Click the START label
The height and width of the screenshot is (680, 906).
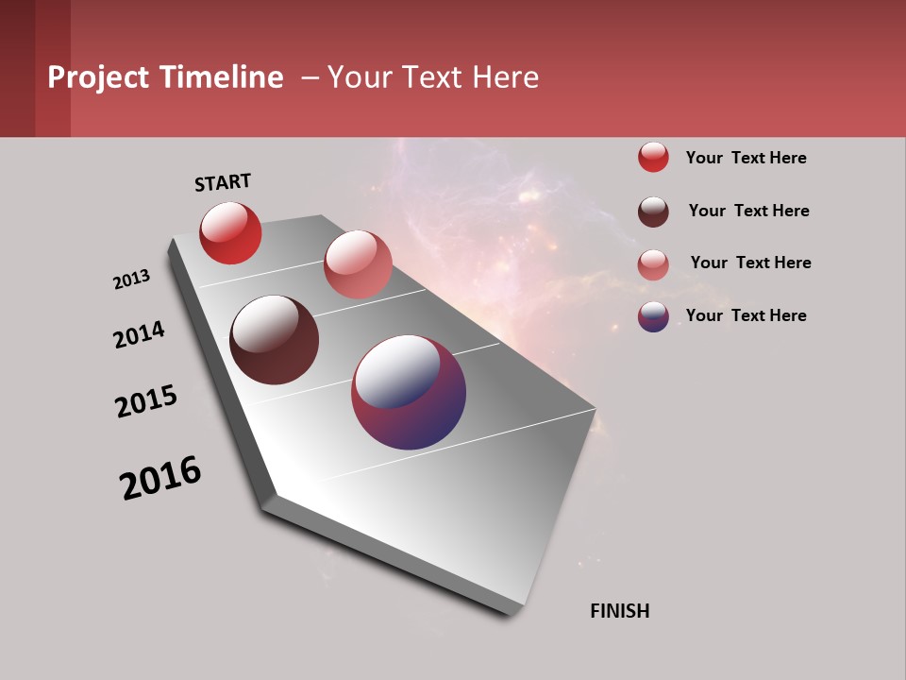[x=223, y=182]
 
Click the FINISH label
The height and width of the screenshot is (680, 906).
[x=619, y=611]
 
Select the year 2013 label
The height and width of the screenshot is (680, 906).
[x=131, y=280]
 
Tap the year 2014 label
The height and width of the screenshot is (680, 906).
[x=139, y=334]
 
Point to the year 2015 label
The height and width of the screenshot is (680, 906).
[x=146, y=401]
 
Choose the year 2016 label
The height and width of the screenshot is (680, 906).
[x=160, y=478]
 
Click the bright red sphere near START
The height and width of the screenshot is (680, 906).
[x=230, y=232]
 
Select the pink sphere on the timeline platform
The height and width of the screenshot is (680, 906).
[x=358, y=264]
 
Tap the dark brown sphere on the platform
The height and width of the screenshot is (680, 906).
[x=274, y=340]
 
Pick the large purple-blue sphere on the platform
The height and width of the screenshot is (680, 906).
[x=409, y=392]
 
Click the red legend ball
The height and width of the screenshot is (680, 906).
[x=653, y=157]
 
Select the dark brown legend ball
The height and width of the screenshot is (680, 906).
[x=653, y=212]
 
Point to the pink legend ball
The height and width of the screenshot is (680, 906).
[x=653, y=264]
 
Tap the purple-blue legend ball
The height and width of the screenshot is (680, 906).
[x=653, y=316]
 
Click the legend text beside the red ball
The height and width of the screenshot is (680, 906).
[x=746, y=158]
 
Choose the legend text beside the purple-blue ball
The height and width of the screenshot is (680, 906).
[x=746, y=315]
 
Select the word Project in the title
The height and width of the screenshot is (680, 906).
[x=97, y=77]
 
